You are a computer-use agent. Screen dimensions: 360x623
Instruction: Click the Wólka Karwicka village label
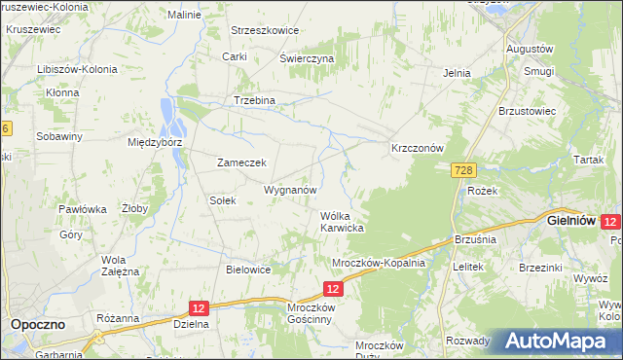coord(342,222)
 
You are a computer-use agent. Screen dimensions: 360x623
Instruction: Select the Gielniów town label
coord(571,221)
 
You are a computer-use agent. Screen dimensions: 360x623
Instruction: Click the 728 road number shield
coord(463,170)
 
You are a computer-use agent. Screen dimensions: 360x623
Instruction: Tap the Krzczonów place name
coord(417,148)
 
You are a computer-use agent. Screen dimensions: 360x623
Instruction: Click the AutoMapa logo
coord(557,342)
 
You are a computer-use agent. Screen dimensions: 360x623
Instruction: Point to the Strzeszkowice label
coord(264,30)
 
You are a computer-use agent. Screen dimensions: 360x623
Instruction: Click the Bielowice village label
coord(247,270)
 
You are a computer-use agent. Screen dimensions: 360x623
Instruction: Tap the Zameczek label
coord(241,162)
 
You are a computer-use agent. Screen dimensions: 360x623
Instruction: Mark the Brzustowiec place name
coord(527,111)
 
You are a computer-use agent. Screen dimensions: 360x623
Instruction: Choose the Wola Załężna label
coord(122,265)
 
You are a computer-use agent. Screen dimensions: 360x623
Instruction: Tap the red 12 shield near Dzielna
coord(198,307)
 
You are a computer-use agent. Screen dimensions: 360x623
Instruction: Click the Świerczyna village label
coord(307,58)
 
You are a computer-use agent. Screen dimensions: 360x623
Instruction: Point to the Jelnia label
coord(457,73)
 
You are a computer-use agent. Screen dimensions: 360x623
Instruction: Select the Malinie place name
coord(184,16)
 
